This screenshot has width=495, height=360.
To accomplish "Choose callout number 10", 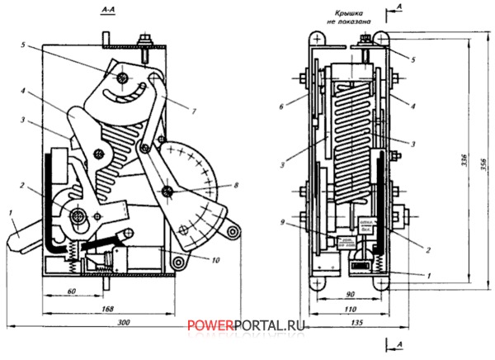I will click(214, 260).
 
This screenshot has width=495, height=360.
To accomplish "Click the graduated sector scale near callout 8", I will click(192, 182).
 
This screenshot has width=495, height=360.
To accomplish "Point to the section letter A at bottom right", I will click(400, 341).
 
